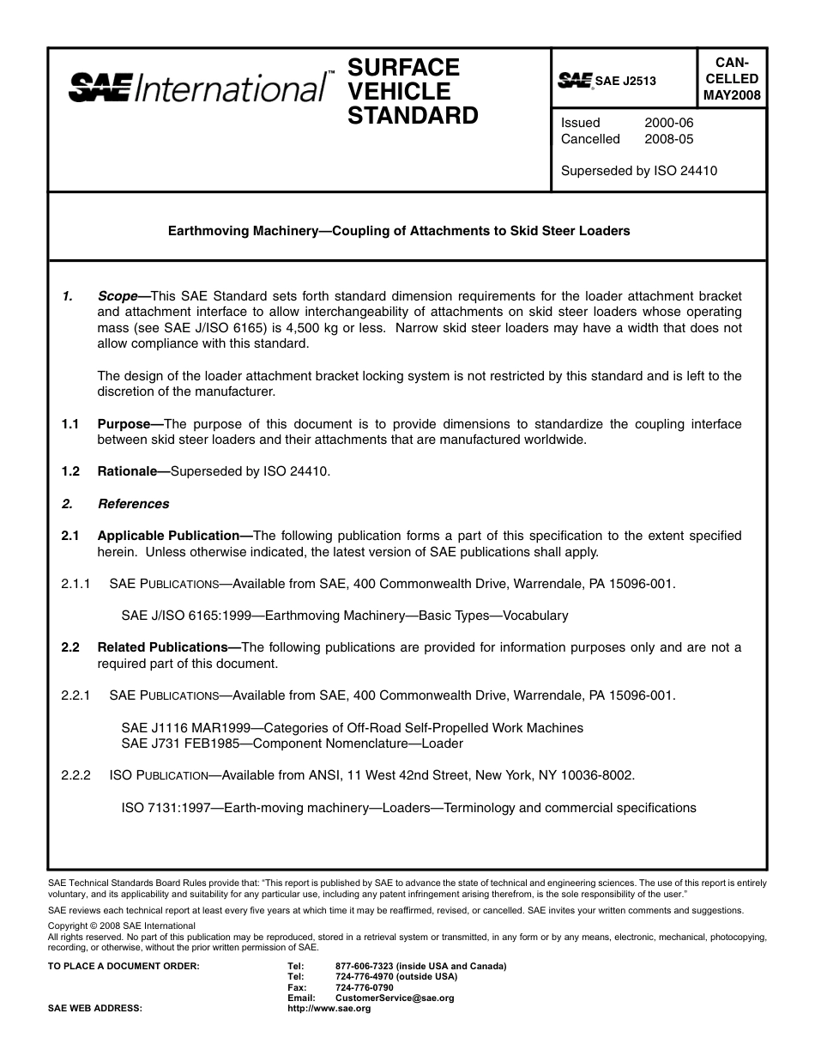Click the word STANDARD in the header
coord(413,116)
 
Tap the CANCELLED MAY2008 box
coord(731,79)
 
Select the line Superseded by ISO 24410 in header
coord(638,171)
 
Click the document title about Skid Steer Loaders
coord(399,231)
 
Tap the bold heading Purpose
coord(130,424)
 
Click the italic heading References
coord(133,504)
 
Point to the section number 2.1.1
coord(75,584)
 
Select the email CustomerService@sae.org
coord(395,998)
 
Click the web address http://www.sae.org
coord(329,1009)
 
